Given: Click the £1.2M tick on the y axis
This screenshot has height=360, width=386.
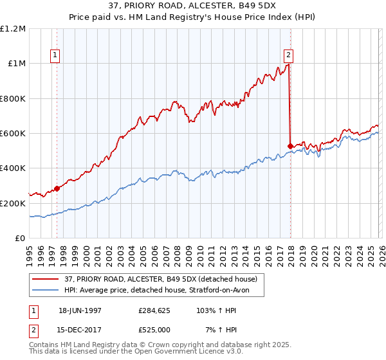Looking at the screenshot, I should point(14,29).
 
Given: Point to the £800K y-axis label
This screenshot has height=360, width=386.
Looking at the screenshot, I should point(14,99).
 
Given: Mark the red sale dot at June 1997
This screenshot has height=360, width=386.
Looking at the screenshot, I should point(57,188).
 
